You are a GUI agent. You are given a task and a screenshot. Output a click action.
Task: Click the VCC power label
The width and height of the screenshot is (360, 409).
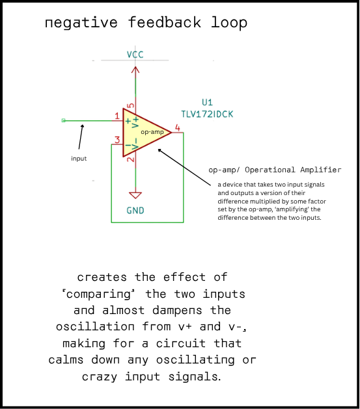click(x=135, y=55)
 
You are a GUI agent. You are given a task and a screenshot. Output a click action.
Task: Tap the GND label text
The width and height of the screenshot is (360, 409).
click(x=135, y=211)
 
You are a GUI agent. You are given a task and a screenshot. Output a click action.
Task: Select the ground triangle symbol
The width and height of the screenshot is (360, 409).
click(x=135, y=195)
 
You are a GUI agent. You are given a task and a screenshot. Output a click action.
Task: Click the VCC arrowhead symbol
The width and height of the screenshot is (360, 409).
click(x=135, y=70)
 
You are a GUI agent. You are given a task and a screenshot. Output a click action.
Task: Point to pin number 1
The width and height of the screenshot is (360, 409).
click(x=117, y=116)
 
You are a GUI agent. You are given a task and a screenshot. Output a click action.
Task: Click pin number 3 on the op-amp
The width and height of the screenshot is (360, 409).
click(x=117, y=140)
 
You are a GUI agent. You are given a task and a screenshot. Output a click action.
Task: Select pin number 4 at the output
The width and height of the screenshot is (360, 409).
click(x=178, y=128)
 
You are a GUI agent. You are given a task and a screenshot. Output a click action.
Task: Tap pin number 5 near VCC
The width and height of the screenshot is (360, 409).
click(x=131, y=105)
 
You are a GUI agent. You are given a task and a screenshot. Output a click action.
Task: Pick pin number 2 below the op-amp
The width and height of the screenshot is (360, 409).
click(x=131, y=159)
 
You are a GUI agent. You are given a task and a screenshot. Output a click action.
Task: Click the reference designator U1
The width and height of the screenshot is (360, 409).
click(x=207, y=102)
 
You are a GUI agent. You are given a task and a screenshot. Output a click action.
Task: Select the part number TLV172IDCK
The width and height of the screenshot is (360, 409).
click(x=207, y=114)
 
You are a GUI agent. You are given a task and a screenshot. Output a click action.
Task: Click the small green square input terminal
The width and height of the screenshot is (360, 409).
click(x=63, y=120)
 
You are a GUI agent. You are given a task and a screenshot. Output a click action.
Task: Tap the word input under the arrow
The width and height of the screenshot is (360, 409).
click(x=79, y=158)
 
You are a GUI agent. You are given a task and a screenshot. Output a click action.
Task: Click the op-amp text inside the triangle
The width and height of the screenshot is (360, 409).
click(x=152, y=132)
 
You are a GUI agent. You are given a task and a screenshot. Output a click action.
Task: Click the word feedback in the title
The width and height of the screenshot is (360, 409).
click(x=165, y=22)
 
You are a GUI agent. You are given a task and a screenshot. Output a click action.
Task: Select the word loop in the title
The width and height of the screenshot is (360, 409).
click(x=229, y=23)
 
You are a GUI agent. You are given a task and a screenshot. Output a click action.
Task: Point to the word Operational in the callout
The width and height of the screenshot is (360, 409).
click(x=270, y=170)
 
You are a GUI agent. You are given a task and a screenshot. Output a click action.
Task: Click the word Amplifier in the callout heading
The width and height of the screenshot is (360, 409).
click(x=320, y=170)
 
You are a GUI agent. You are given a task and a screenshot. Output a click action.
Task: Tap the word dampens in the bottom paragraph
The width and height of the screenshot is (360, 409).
click(x=177, y=311)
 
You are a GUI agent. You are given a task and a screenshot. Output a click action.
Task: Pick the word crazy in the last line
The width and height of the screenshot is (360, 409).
click(x=100, y=377)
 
